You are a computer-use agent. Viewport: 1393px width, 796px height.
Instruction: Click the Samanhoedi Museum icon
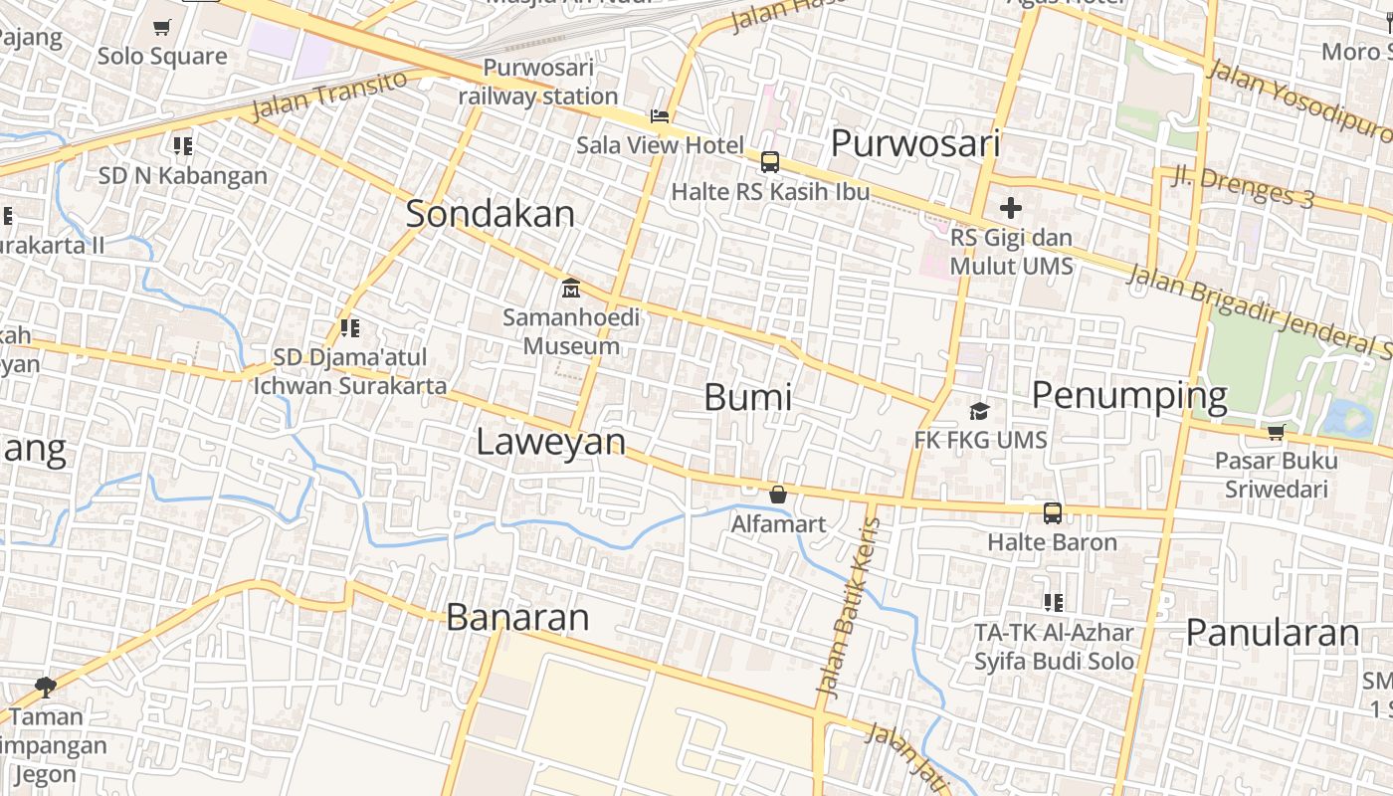(x=571, y=289)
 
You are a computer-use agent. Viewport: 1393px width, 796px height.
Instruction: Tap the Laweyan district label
(x=550, y=442)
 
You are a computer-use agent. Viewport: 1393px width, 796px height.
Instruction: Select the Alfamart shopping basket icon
(x=778, y=495)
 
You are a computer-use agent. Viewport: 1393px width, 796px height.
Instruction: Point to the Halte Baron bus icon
(x=1052, y=513)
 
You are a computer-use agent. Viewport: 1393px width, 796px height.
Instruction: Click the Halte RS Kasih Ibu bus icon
(x=769, y=162)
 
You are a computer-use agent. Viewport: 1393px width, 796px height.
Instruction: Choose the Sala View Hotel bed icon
(x=659, y=116)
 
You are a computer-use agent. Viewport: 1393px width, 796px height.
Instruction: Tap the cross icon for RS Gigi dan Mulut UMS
(x=1011, y=208)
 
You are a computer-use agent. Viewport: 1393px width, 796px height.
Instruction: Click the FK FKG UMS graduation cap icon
(x=980, y=411)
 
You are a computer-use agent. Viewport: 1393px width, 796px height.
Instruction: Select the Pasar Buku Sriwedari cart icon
(x=1276, y=432)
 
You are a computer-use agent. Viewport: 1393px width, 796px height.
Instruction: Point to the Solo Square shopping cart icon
(x=161, y=28)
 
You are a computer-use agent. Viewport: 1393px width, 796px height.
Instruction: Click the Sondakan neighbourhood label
(x=490, y=214)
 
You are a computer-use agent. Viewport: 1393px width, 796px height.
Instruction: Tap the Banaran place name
(x=517, y=618)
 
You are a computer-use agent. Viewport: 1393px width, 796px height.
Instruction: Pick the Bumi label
(x=747, y=397)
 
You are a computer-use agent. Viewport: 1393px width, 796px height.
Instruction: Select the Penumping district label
(x=1128, y=396)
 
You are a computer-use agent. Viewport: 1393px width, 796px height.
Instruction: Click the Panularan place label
(x=1272, y=633)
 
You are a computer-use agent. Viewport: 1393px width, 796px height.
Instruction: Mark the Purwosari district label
(x=914, y=143)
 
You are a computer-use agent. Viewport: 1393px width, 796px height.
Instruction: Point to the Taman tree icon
(x=45, y=686)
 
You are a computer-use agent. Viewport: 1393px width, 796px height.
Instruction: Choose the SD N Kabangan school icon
(x=182, y=146)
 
